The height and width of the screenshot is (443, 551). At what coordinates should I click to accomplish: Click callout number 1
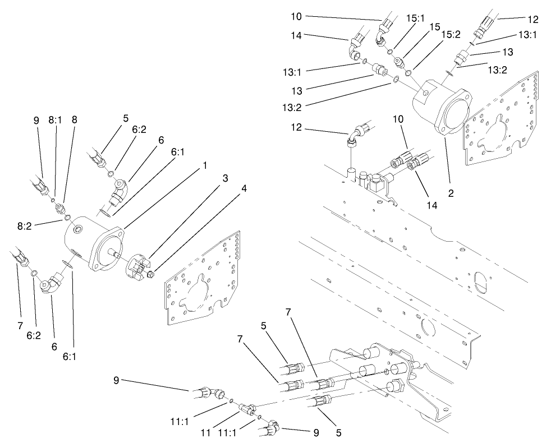205,166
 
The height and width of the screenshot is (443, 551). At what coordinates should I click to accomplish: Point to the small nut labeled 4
152,274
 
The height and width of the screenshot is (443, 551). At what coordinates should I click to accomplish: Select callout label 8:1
54,119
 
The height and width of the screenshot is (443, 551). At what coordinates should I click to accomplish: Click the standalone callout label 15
435,26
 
